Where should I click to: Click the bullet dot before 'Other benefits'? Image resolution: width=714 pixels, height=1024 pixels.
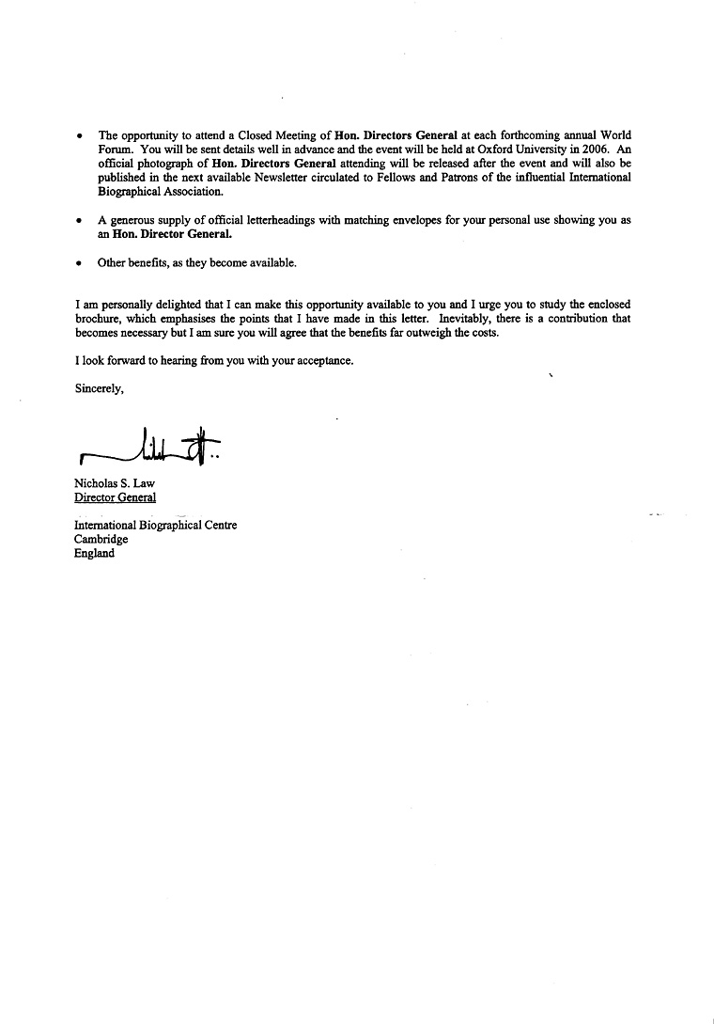(79, 263)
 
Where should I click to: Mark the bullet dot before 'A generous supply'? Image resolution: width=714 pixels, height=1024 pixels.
(79, 219)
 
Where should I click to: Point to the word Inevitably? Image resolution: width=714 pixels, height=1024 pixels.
(465, 319)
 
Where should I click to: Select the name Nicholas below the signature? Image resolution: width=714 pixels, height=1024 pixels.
(96, 483)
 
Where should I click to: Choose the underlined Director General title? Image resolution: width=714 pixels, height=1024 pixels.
(115, 497)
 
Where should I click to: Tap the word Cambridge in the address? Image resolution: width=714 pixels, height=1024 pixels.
(101, 540)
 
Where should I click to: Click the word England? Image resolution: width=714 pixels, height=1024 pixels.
(94, 554)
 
